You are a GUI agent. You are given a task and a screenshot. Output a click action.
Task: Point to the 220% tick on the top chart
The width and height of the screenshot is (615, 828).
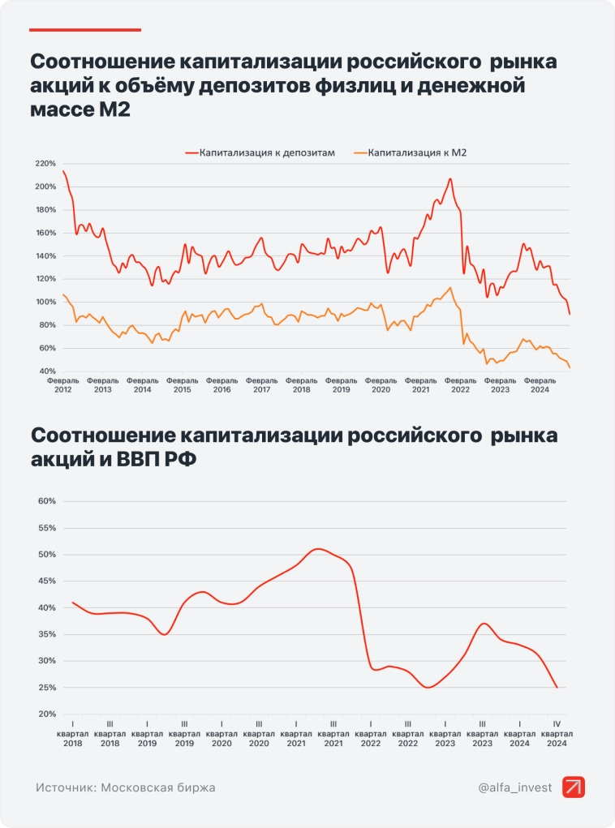click(44, 163)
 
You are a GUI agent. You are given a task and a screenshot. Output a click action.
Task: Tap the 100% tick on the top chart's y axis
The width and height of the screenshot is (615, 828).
click(44, 302)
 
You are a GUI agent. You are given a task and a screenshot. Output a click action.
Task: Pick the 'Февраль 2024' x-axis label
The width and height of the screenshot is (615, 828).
click(539, 384)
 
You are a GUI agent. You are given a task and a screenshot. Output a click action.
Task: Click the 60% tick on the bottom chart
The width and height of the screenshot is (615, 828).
click(46, 501)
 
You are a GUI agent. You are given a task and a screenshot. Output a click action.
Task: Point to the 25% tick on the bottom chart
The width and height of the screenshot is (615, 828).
click(46, 688)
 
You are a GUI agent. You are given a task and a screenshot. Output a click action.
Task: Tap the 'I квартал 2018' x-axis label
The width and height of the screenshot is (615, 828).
click(72, 732)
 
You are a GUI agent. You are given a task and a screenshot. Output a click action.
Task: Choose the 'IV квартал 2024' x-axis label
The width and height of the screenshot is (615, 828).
click(557, 732)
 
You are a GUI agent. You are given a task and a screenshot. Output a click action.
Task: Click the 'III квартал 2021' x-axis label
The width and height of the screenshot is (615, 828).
click(333, 732)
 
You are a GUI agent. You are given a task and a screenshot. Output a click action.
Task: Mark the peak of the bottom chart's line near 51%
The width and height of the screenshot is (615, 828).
click(318, 549)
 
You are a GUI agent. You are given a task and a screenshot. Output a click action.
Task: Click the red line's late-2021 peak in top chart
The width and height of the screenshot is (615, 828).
click(449, 178)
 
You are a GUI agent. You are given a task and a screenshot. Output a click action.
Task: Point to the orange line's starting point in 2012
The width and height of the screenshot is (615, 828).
click(63, 294)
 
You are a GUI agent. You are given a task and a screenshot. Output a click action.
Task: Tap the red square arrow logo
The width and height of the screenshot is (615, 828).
click(573, 787)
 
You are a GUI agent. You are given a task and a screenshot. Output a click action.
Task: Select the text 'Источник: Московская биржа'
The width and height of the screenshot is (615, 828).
click(126, 787)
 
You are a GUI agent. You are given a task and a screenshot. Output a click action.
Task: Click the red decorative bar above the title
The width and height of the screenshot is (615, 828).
click(85, 30)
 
